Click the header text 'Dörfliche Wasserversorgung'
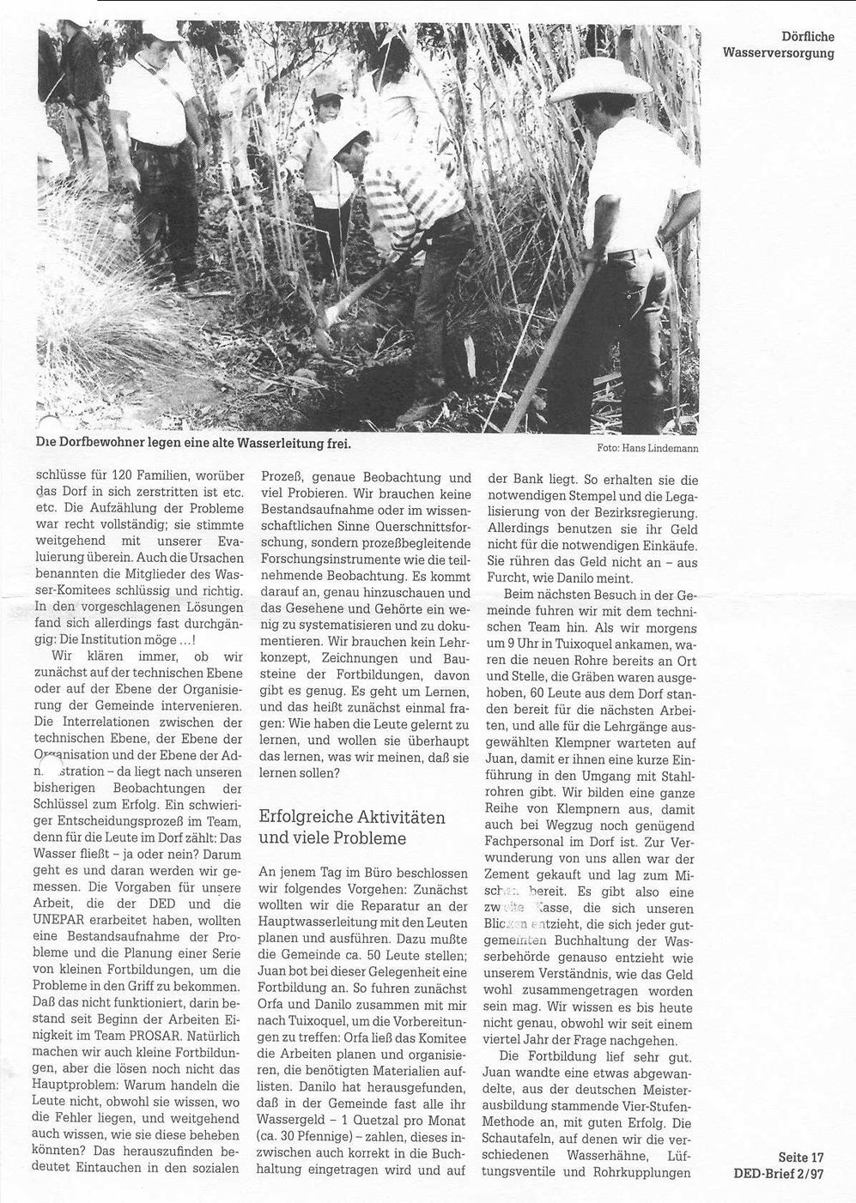click(x=779, y=45)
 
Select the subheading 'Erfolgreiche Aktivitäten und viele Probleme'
click(x=352, y=827)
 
